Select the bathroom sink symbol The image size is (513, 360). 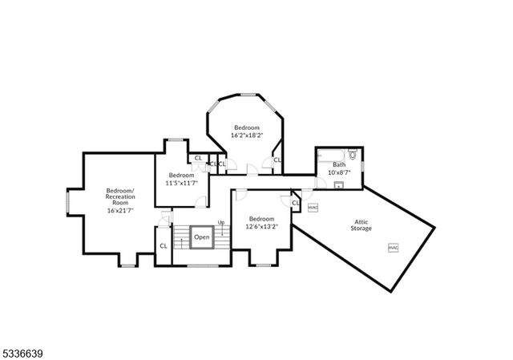point(338,184)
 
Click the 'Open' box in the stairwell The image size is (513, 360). point(201,237)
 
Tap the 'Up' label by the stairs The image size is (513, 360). point(220,222)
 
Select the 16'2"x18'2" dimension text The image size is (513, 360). point(246,136)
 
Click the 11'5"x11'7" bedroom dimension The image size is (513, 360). point(181,183)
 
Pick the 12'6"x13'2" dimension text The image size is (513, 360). point(261,226)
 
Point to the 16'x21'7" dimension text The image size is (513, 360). point(120,210)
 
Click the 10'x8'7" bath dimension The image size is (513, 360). point(339,172)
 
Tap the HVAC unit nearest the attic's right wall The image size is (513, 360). point(394,248)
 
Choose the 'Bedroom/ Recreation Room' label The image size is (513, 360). point(120,196)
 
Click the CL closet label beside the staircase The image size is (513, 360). point(164,246)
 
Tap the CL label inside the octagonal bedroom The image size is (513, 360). point(277,160)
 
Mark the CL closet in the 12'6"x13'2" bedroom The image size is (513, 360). point(295,203)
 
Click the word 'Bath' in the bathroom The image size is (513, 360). point(339,164)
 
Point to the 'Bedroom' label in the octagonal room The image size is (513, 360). point(246,127)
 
